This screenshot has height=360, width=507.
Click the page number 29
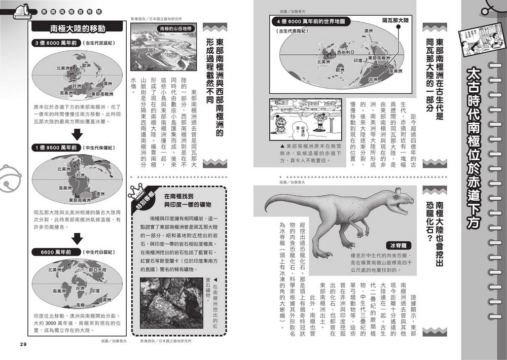23,344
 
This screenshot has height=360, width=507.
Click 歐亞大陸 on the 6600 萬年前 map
96,270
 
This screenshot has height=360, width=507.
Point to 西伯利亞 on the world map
345,52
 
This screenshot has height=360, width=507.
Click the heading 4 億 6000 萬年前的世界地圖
314,22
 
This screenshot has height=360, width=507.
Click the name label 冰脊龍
398,245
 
